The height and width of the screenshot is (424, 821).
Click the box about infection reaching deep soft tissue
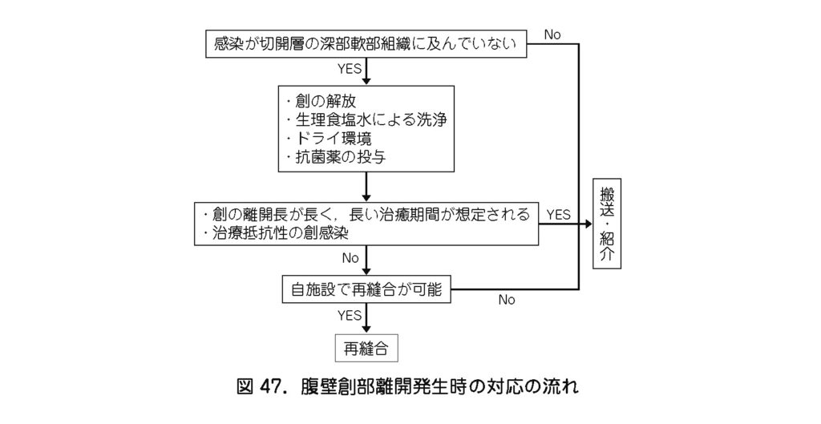[366, 44]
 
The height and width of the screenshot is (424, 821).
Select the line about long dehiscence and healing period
[366, 214]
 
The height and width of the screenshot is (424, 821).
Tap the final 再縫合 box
[366, 348]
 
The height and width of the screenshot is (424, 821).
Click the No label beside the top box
[552, 34]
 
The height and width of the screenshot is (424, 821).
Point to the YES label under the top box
[350, 69]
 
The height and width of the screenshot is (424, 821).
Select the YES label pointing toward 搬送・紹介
[559, 214]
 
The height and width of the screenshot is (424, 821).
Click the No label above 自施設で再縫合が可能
[350, 257]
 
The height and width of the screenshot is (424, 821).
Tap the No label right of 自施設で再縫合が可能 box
[507, 301]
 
